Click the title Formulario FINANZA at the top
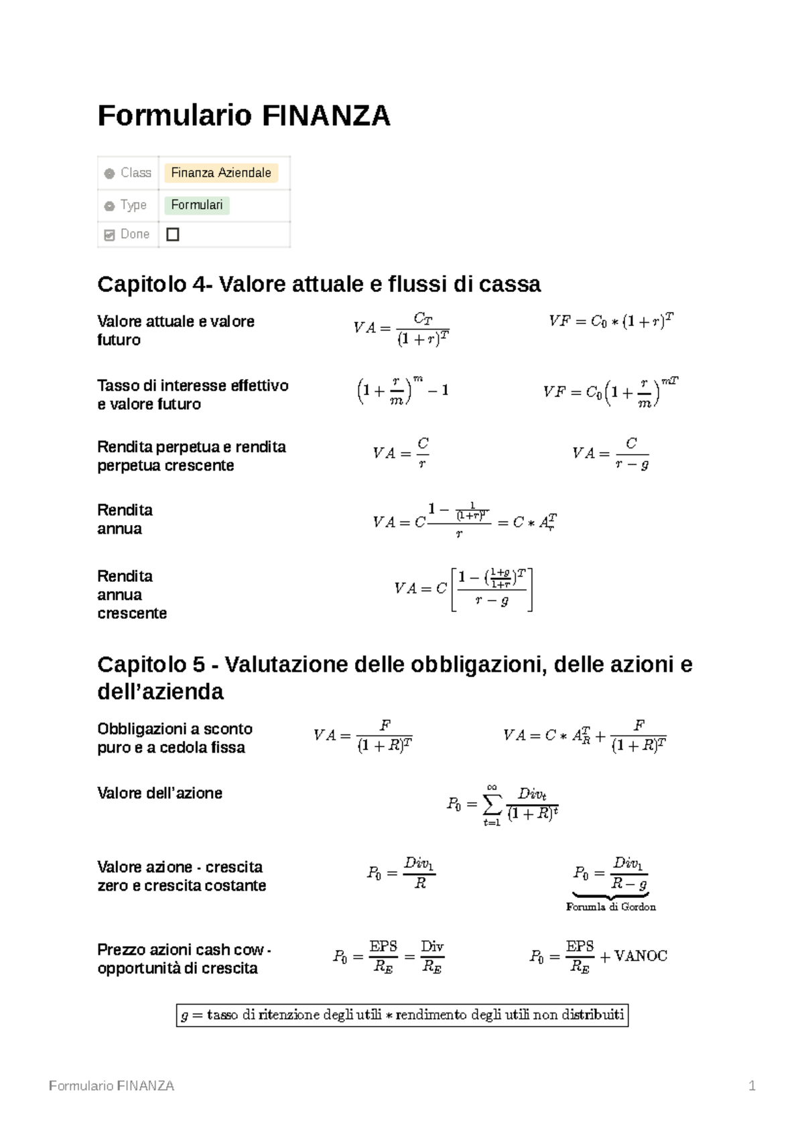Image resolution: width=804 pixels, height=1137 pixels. [243, 116]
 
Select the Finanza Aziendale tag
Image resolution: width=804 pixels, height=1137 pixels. [220, 173]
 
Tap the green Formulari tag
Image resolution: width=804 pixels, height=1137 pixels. [196, 205]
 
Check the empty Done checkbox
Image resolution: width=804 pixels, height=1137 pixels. [172, 234]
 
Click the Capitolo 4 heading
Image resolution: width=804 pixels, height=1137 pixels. [318, 284]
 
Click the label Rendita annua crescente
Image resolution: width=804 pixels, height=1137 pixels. [131, 595]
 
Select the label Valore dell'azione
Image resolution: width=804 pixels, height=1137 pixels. [159, 793]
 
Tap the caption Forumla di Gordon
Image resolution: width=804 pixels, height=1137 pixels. [610, 907]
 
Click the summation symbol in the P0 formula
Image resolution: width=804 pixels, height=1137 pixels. [492, 803]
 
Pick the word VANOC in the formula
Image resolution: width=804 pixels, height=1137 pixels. [641, 956]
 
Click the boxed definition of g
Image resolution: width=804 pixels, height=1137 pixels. [402, 1015]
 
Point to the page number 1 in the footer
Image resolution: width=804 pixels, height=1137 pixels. [752, 1086]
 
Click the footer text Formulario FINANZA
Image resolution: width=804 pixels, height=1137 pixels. [111, 1086]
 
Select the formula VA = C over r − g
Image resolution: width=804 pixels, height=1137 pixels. [610, 453]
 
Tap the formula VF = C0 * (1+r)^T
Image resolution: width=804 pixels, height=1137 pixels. [610, 321]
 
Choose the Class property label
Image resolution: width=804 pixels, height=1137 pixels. [135, 173]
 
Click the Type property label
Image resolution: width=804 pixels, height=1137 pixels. [133, 205]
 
